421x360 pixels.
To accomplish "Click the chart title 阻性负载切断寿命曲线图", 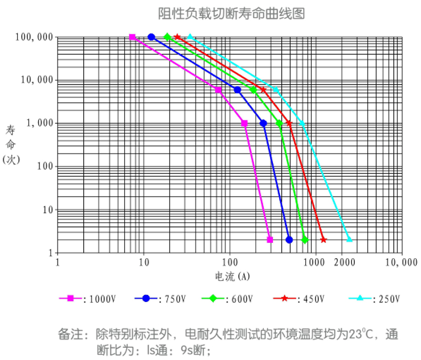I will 232,13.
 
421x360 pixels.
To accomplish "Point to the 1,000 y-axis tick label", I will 39,123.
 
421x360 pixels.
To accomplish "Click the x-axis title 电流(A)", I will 232,276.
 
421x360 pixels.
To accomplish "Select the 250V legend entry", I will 374,299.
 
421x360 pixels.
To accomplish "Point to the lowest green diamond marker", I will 305,240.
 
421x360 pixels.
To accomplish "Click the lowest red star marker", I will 323,240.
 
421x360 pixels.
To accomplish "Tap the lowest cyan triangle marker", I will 350,239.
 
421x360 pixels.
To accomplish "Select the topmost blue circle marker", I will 151,37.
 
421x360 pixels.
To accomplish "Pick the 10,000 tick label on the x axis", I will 401,263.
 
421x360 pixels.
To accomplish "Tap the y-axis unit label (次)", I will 11,159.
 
